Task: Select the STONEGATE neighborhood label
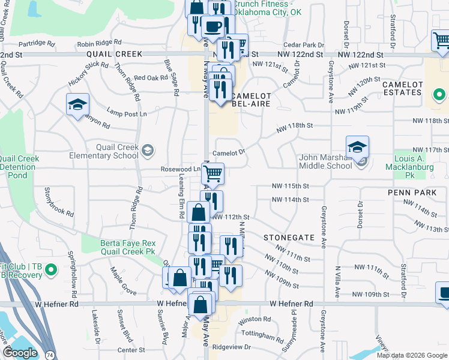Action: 289,238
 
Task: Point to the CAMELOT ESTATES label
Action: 402,88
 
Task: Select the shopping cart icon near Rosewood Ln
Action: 212,175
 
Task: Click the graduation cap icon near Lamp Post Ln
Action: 77,105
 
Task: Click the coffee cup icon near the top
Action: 213,26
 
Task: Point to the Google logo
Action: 20,353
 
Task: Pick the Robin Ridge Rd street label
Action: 99,43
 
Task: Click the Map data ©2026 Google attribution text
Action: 412,355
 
